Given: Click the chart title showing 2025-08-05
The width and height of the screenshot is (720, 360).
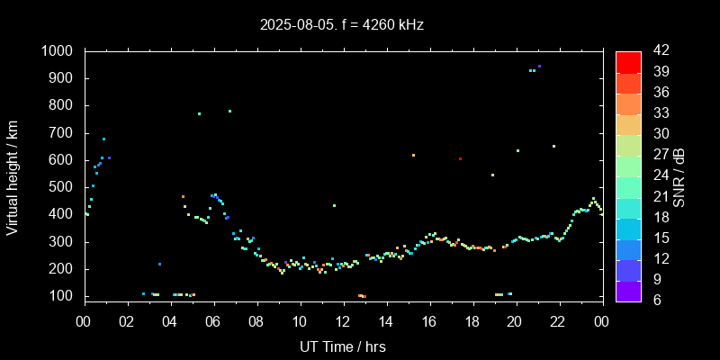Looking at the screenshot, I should pyautogui.click(x=342, y=25).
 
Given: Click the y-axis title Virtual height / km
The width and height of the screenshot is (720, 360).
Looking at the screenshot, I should pyautogui.click(x=13, y=180).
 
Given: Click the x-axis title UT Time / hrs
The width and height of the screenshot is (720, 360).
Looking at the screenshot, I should pyautogui.click(x=342, y=346).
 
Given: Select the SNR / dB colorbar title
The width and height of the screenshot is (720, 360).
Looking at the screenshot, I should pyautogui.click(x=679, y=175).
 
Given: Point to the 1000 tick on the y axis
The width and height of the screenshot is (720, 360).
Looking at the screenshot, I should pyautogui.click(x=61, y=51).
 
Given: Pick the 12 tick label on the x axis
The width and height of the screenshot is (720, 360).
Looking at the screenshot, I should pyautogui.click(x=343, y=321).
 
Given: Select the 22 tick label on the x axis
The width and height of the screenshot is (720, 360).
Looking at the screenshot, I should pyautogui.click(x=558, y=321).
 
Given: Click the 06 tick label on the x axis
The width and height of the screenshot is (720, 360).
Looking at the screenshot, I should pyautogui.click(x=213, y=321).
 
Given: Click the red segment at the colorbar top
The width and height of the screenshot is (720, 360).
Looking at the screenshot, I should pyautogui.click(x=628, y=61).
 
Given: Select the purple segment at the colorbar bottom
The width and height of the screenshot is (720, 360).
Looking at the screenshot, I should pyautogui.click(x=628, y=290).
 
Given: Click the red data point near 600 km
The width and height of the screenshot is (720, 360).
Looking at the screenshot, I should pyautogui.click(x=460, y=158).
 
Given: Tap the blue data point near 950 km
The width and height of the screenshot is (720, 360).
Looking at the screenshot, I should pyautogui.click(x=539, y=66).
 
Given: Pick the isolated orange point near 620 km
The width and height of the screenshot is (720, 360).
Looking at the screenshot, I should pyautogui.click(x=413, y=155).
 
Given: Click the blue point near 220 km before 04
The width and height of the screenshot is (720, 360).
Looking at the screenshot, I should pyautogui.click(x=159, y=264).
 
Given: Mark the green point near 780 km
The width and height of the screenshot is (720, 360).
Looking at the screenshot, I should pyautogui.click(x=229, y=111).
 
